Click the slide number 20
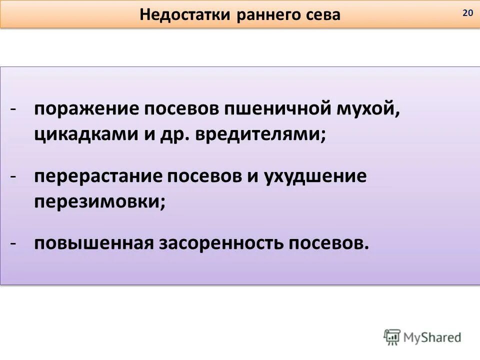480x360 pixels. point(467,13)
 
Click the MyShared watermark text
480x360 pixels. point(432,337)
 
